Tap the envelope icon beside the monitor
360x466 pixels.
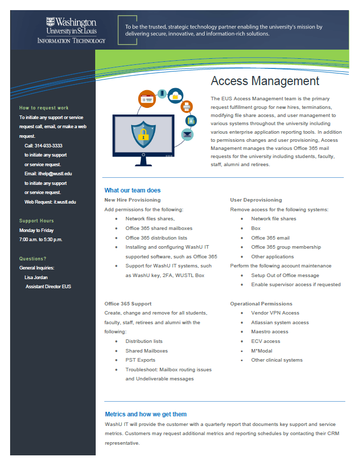pyautogui.click(x=188, y=135)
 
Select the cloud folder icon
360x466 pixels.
pyautogui.click(x=176, y=95)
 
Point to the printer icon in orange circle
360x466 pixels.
pyautogui.click(x=187, y=107)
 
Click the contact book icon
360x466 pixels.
pyautogui.click(x=190, y=121)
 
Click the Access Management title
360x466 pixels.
pyautogui.click(x=265, y=81)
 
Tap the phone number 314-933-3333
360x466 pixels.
pyautogui.click(x=50, y=145)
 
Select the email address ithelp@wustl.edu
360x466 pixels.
pyautogui.click(x=55, y=174)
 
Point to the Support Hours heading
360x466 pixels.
pyautogui.click(x=36, y=221)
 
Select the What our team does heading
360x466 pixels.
pyautogui.click(x=132, y=190)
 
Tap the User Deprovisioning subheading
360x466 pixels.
pyautogui.click(x=256, y=200)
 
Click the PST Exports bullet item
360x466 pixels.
pyautogui.click(x=140, y=360)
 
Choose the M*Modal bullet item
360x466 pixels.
pyautogui.click(x=262, y=351)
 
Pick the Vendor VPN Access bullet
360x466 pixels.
pyautogui.click(x=275, y=313)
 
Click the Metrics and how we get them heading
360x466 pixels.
pyautogui.click(x=146, y=414)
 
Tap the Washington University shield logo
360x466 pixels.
pyautogui.click(x=50, y=22)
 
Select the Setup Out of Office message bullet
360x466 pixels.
pyautogui.click(x=285, y=275)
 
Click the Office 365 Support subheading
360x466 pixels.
pyautogui.click(x=128, y=304)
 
